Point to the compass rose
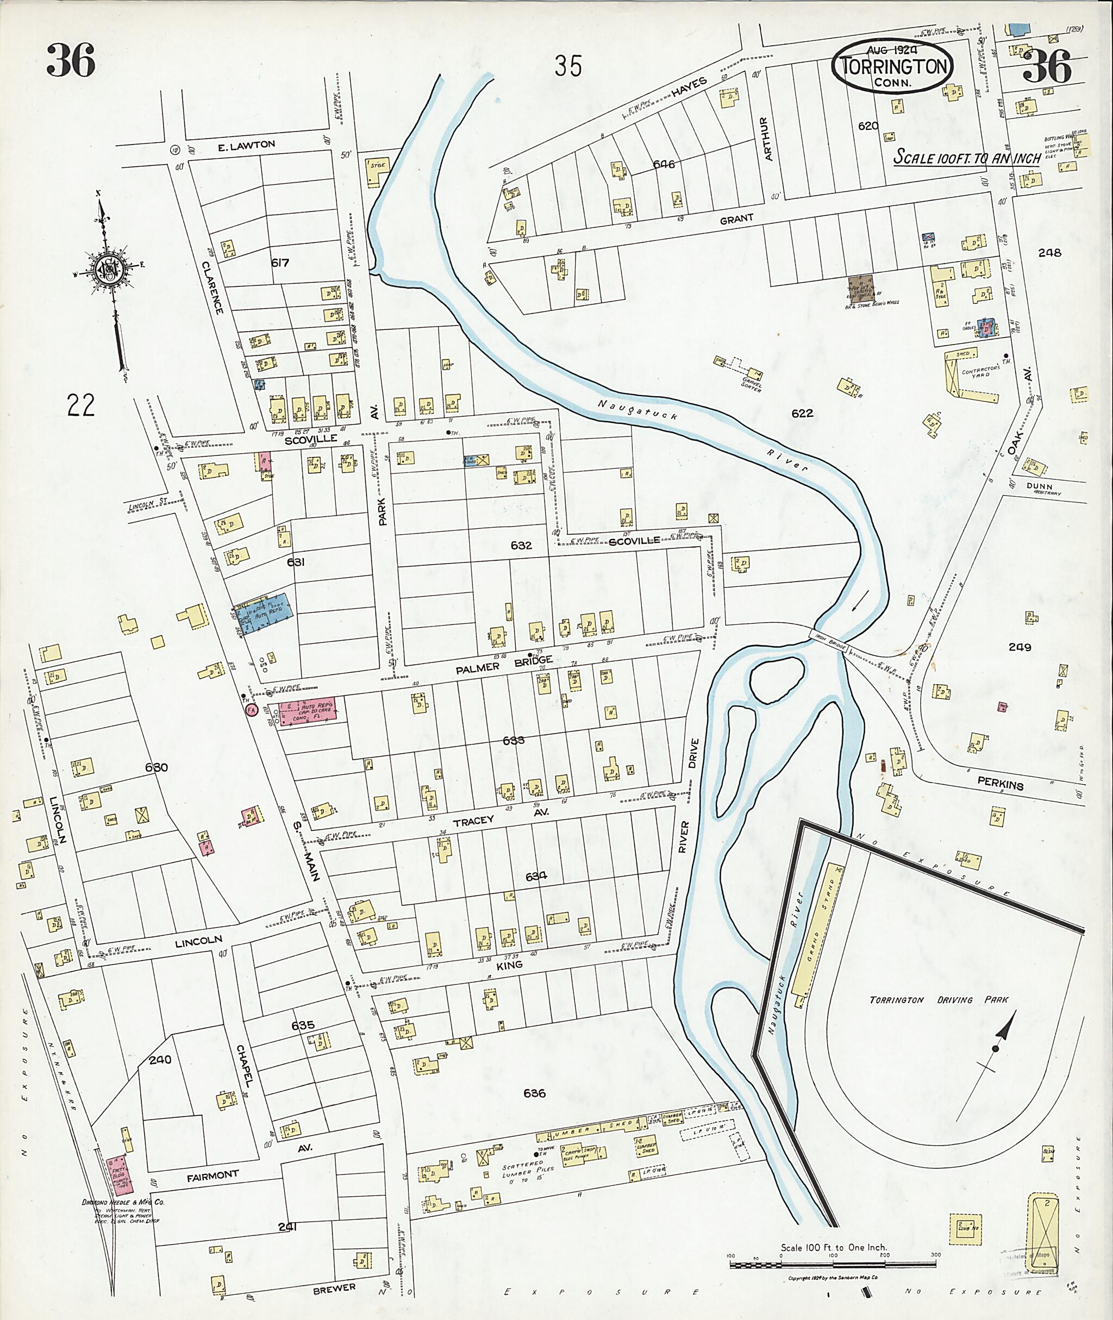click(x=114, y=270)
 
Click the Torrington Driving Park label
click(x=938, y=1000)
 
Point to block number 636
click(x=534, y=1093)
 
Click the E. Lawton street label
click(x=246, y=145)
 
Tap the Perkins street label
click(x=1000, y=783)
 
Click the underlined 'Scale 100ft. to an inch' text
click(x=966, y=157)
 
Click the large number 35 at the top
click(x=568, y=66)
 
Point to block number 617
click(x=279, y=262)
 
